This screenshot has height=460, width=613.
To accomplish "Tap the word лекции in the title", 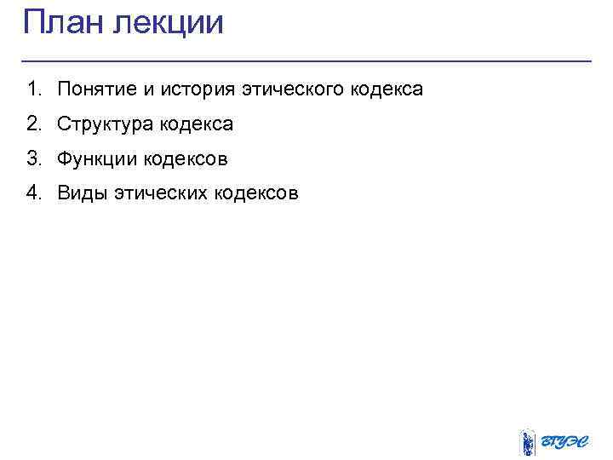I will (168, 23).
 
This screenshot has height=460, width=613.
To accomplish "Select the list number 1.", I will (32, 89).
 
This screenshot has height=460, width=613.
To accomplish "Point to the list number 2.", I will (32, 124).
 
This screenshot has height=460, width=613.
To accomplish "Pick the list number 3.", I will (32, 158).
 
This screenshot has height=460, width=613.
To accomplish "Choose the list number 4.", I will (32, 193).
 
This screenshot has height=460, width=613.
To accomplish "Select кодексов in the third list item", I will (186, 159).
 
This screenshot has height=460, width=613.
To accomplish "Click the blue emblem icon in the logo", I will (527, 442).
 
